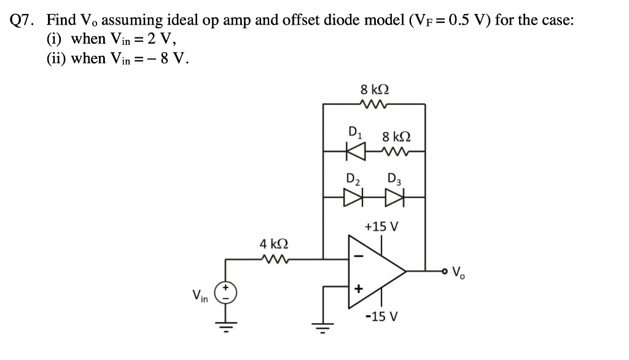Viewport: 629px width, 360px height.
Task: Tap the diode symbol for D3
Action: [x=393, y=198]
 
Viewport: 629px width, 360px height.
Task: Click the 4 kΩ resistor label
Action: [x=272, y=245]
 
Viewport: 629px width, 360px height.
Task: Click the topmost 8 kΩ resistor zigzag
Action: [x=373, y=105]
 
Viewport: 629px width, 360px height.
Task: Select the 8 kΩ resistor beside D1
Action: [x=393, y=149]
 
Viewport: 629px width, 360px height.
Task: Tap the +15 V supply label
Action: [x=381, y=227]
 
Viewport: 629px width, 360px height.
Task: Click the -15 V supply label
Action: [x=381, y=317]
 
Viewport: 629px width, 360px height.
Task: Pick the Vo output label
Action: [x=461, y=272]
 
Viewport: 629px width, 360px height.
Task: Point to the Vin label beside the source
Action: [x=201, y=296]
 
